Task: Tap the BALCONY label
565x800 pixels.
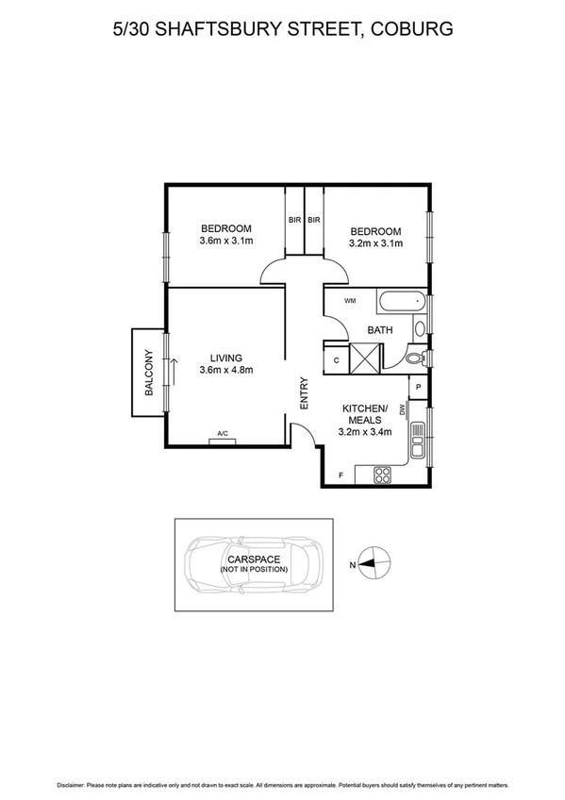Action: (148, 372)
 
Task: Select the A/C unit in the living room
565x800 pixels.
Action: (223, 437)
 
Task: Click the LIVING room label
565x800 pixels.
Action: (226, 358)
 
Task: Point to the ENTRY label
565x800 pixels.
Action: (304, 392)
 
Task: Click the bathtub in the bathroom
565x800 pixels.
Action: (400, 304)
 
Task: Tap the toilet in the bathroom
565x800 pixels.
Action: (415, 359)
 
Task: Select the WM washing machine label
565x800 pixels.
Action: (350, 301)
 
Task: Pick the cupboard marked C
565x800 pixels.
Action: (337, 360)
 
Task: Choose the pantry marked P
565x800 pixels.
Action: (417, 387)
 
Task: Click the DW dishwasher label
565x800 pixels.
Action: (402, 409)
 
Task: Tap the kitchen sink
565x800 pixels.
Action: (418, 439)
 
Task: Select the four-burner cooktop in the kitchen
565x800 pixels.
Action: (382, 475)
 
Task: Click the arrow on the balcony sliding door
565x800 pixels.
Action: (174, 370)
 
